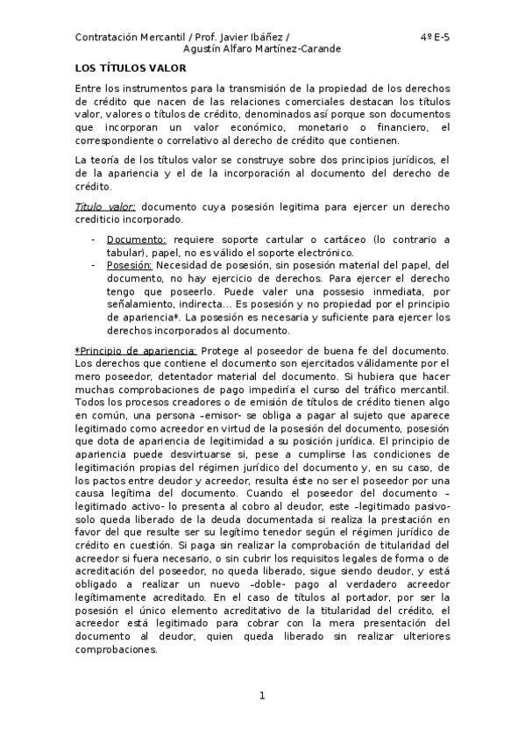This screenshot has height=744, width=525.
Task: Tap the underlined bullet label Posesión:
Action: point(130,264)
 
